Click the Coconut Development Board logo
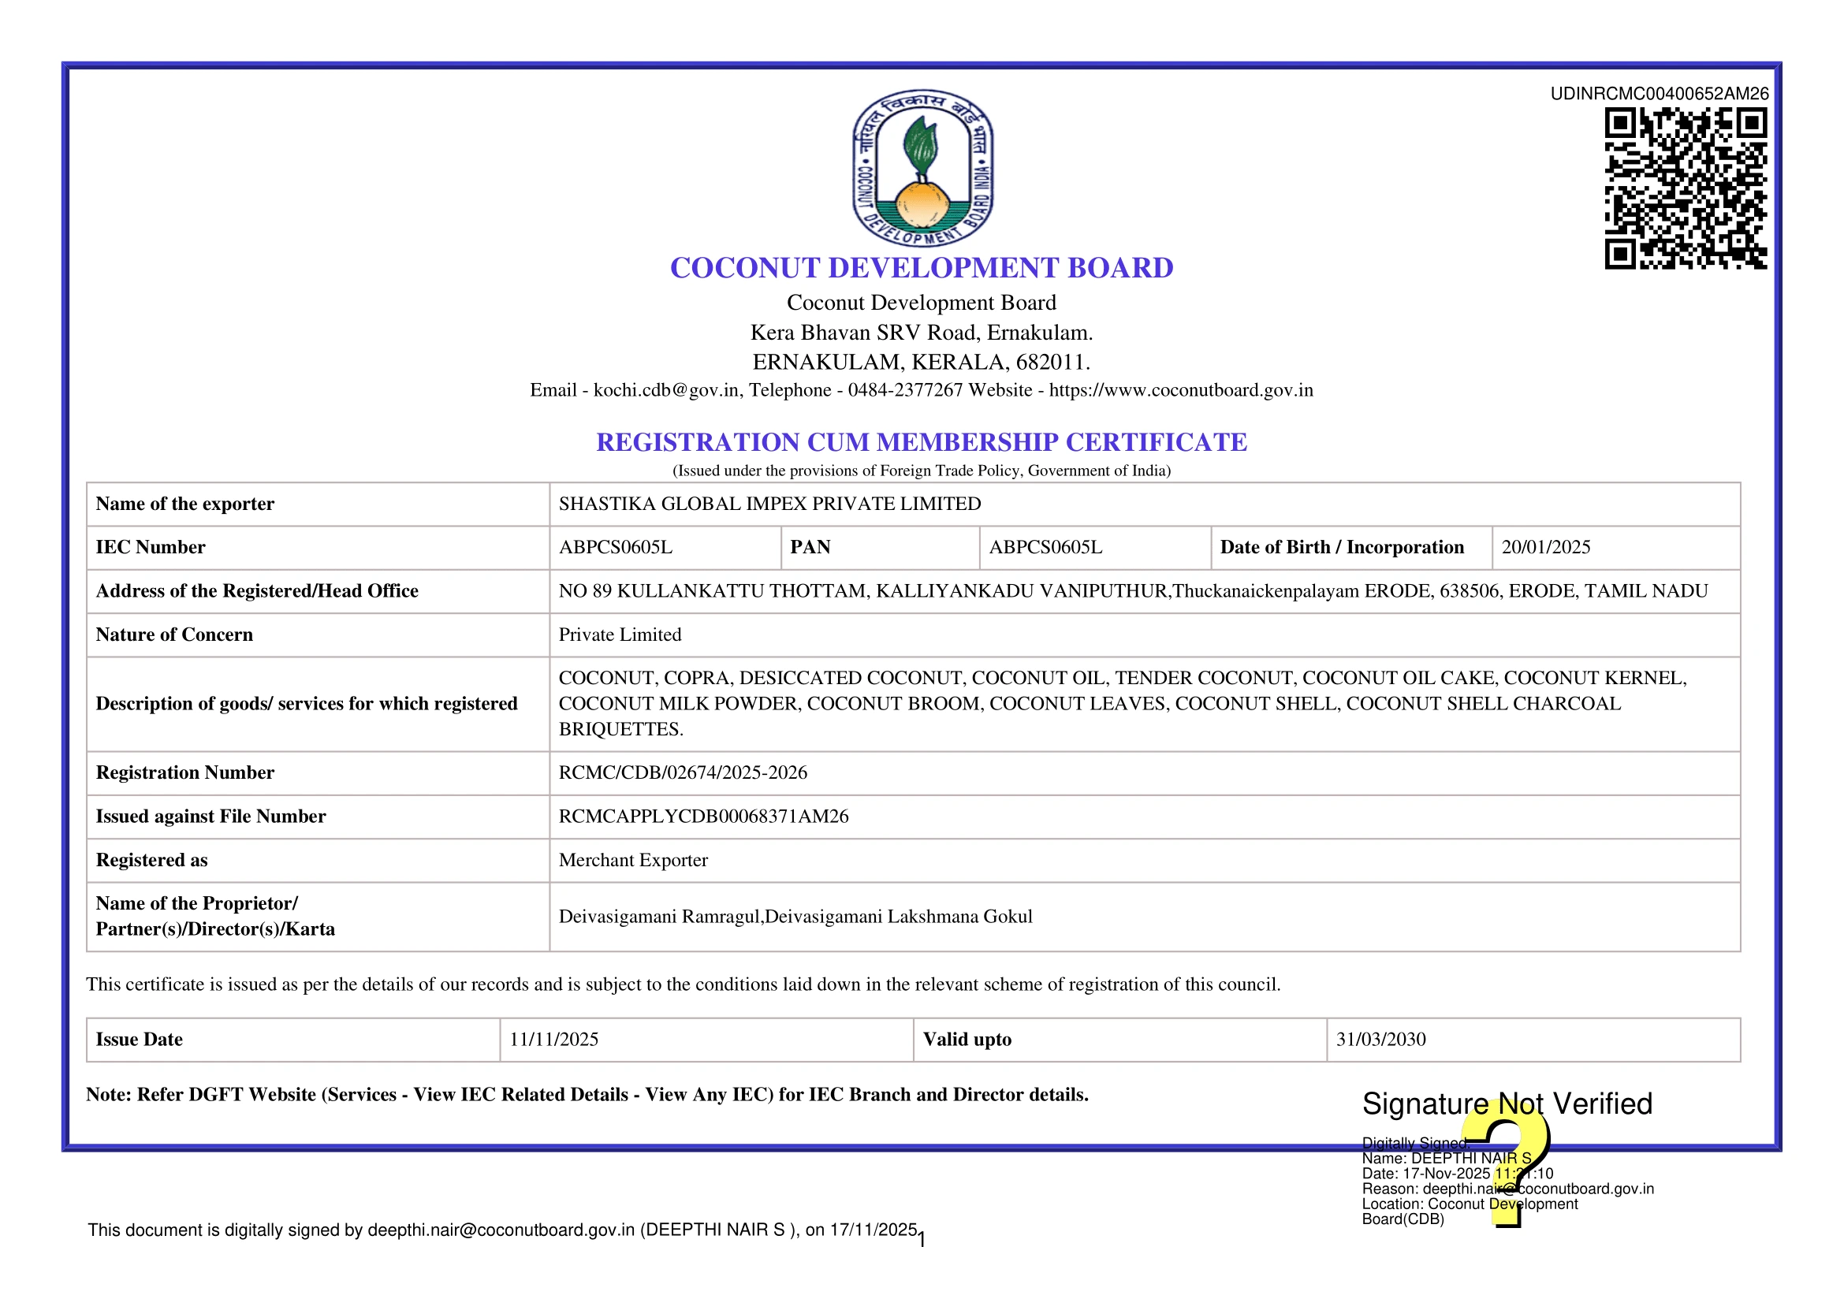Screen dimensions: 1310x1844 coord(922,168)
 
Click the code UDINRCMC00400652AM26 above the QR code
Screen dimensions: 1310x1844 coord(1659,94)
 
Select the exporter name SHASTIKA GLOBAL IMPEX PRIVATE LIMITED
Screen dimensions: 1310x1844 coord(769,504)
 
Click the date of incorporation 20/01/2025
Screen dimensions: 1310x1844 coord(1545,548)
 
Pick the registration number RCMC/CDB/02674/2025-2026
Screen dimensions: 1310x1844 coord(683,772)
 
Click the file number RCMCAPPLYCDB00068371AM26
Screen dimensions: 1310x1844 coord(703,817)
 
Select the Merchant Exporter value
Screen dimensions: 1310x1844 coord(633,860)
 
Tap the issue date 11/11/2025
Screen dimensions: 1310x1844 coord(553,1040)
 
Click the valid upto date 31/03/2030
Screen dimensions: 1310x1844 coord(1380,1040)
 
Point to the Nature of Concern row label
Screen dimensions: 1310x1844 coord(174,635)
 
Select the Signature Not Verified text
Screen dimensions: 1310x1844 coord(1506,1103)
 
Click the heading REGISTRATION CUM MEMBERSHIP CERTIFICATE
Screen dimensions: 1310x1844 coord(921,442)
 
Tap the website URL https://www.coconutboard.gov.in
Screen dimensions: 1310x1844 coord(1180,390)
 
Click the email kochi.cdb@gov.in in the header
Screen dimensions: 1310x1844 coord(666,390)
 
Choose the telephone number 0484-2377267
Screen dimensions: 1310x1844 coord(905,390)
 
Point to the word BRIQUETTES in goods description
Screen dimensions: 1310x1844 coord(620,729)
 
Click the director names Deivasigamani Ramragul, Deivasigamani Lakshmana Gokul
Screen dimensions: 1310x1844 coord(795,917)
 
